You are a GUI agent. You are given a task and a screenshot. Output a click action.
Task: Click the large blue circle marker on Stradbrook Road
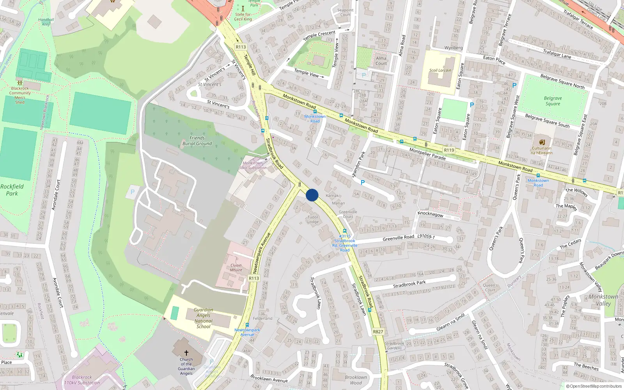312,195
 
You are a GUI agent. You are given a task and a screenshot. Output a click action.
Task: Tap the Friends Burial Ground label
197,141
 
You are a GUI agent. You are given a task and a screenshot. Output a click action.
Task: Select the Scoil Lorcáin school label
440,71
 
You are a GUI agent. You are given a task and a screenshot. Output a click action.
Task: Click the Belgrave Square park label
553,101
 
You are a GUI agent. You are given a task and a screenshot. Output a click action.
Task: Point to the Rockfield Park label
12,190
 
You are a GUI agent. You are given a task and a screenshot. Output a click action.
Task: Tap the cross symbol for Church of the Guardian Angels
186,353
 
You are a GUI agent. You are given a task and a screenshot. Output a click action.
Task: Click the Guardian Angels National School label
203,318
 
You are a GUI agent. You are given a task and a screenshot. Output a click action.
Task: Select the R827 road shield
378,332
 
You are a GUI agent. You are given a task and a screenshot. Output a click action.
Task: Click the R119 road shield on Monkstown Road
449,150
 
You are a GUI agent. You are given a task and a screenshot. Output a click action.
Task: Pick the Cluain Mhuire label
236,268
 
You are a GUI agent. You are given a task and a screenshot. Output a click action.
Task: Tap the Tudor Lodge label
313,220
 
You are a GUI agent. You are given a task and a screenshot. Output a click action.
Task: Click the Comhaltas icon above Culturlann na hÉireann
542,142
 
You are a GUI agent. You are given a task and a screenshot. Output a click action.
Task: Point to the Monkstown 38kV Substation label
253,165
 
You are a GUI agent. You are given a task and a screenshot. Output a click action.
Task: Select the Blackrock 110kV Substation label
82,380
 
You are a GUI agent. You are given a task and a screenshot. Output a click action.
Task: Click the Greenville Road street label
398,238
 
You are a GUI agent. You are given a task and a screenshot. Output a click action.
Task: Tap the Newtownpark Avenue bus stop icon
247,325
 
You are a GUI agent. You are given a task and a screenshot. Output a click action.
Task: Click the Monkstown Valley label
603,300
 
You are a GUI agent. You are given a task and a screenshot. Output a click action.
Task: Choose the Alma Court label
381,61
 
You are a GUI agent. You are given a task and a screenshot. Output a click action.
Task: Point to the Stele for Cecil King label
243,17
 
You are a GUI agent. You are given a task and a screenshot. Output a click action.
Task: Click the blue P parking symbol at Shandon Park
363,183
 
